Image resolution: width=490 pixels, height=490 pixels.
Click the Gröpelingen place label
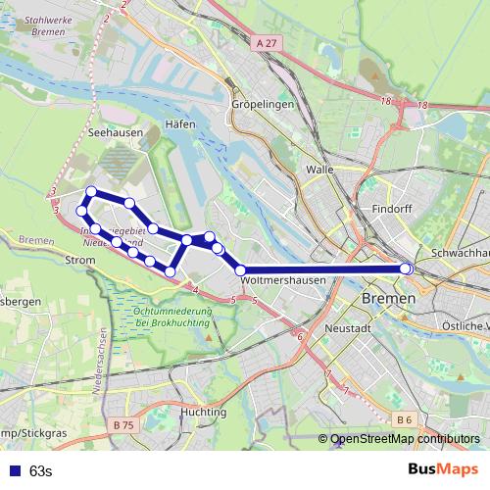tap(258, 103)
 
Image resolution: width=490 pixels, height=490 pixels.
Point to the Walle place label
tap(319, 169)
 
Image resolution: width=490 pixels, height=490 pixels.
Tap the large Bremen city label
tap(388, 297)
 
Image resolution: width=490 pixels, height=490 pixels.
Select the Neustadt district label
tap(350, 328)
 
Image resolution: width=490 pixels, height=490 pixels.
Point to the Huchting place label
tap(203, 413)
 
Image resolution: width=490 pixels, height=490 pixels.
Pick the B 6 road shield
tap(404, 419)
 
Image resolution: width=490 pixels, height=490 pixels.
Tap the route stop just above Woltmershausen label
tap(241, 269)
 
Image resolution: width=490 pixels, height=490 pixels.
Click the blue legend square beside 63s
tap(12, 471)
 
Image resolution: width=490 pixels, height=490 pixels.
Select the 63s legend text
tap(40, 471)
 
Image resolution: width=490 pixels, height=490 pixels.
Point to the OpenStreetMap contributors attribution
tap(405, 439)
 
